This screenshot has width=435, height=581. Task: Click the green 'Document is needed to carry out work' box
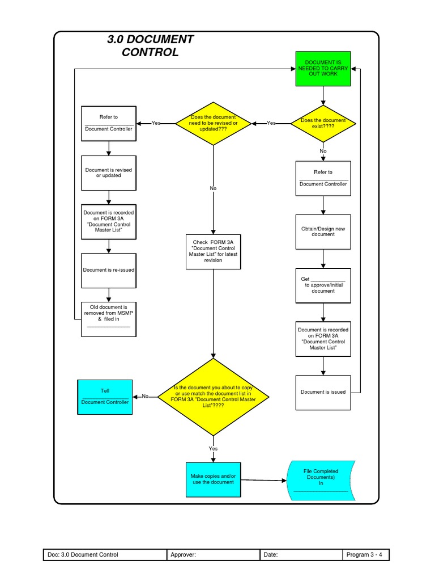coord(323,68)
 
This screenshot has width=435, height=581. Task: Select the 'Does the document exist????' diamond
coord(323,123)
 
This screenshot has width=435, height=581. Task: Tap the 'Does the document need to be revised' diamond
coord(213,123)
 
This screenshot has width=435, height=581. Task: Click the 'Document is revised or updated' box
coord(109,172)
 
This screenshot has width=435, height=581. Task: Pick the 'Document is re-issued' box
coord(109,270)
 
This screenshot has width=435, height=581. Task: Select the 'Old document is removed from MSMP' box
coord(109,319)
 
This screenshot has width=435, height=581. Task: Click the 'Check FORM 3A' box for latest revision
coord(213,251)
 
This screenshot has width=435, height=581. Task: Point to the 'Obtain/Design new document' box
coord(323,231)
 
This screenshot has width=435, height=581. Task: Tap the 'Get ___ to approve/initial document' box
coord(323,285)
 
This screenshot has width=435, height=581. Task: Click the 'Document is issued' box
coord(323,391)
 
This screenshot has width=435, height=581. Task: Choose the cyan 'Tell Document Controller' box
coord(105,397)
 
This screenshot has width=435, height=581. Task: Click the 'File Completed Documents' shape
coord(321,480)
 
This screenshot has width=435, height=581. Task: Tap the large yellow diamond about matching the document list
coord(213,397)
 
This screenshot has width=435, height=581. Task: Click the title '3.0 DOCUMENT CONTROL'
coord(150,46)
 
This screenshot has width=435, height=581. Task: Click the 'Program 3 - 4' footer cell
coord(366,555)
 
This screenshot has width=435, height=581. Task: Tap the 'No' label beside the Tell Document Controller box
coord(145,397)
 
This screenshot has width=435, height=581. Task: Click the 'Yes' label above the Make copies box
coord(213,448)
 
